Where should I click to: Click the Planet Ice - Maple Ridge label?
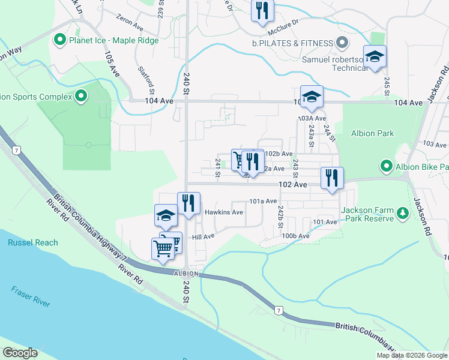click(114, 41)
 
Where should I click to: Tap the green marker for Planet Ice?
click(59, 41)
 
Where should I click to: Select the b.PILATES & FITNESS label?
click(292, 43)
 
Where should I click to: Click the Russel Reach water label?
click(33, 242)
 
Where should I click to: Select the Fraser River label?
click(31, 296)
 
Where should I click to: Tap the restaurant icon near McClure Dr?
click(262, 11)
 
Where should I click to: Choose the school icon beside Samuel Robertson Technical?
click(375, 57)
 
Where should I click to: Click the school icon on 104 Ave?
click(312, 97)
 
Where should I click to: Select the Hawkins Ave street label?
click(223, 212)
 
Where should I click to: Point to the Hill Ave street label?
click(203, 236)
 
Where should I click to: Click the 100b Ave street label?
click(296, 236)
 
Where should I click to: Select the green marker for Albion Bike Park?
click(385, 166)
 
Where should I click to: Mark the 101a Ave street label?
click(263, 201)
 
